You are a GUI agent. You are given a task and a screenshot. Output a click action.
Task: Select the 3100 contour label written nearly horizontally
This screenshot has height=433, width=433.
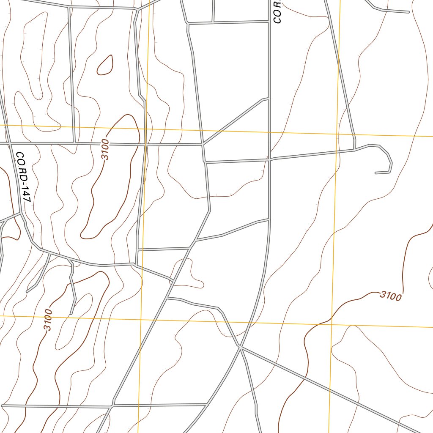(390, 296)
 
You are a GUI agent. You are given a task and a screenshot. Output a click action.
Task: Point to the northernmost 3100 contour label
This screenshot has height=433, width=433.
(105, 149)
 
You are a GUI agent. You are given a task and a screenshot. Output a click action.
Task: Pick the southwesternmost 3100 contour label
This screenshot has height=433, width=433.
(47, 320)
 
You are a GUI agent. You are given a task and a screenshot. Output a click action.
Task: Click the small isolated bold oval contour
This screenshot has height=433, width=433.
(105, 65)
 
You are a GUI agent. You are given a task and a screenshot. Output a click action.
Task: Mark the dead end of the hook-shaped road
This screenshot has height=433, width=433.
(376, 173)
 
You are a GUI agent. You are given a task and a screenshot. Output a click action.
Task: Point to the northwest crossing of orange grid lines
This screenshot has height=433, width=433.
(145, 129)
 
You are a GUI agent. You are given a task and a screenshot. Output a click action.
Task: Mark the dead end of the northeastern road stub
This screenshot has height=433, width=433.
(408, 12)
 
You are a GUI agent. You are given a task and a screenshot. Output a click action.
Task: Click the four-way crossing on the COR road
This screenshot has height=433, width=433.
(269, 159)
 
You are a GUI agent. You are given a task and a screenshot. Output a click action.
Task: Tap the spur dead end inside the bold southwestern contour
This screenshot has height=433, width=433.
(71, 313)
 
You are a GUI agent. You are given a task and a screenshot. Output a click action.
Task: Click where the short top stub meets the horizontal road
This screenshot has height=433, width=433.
(213, 22)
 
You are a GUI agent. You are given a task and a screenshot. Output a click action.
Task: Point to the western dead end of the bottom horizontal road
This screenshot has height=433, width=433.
(3, 406)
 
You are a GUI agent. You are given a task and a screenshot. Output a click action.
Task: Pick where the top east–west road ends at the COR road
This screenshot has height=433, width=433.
(269, 21)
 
